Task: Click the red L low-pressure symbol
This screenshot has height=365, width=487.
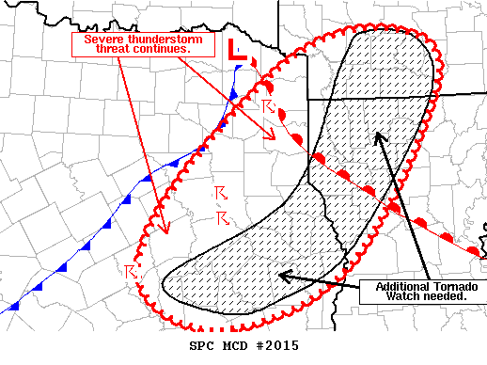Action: click(x=239, y=53)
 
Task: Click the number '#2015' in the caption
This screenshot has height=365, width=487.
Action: click(x=275, y=346)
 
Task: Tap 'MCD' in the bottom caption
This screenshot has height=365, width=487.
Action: click(x=228, y=346)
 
